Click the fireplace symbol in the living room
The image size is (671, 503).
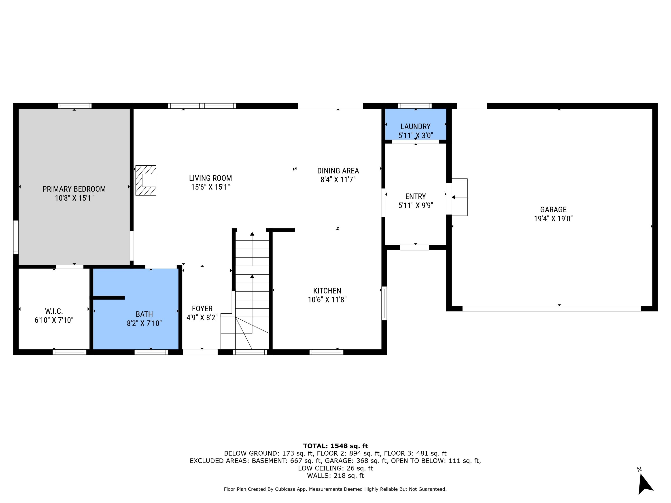[146, 180]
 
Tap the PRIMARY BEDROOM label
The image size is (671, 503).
[74, 189]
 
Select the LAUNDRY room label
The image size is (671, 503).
[415, 127]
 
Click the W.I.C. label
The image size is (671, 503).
[54, 311]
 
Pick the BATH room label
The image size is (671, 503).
[144, 314]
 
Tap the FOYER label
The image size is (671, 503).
[202, 308]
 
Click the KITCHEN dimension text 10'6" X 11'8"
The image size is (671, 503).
[327, 300]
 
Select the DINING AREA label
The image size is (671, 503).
[338, 171]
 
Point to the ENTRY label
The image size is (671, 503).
[415, 196]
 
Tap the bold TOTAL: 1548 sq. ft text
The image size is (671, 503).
[335, 446]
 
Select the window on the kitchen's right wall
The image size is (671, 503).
[384, 303]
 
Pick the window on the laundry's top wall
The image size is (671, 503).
[414, 106]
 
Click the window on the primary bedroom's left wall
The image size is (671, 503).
[16, 237]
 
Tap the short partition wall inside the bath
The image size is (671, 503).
[109, 298]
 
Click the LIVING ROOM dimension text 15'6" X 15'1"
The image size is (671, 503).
[210, 187]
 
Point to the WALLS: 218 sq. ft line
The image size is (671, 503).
[335, 476]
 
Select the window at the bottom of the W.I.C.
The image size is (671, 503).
[70, 352]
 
